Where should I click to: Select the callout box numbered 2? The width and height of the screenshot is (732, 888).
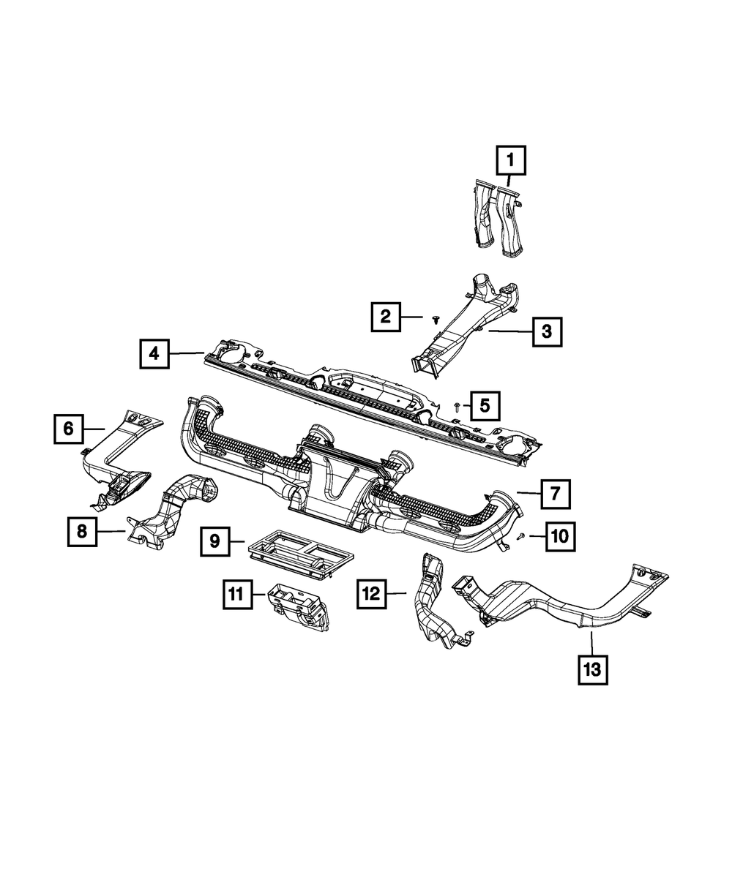point(385,317)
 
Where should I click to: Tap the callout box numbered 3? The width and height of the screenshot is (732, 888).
point(547,331)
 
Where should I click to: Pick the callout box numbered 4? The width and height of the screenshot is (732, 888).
point(154,354)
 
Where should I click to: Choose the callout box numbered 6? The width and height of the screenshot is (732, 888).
point(68,429)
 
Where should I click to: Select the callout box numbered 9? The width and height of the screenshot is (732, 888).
point(214,541)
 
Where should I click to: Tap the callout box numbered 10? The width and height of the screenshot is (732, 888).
point(559,537)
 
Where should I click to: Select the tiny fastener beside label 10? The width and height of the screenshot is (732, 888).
point(520,536)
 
